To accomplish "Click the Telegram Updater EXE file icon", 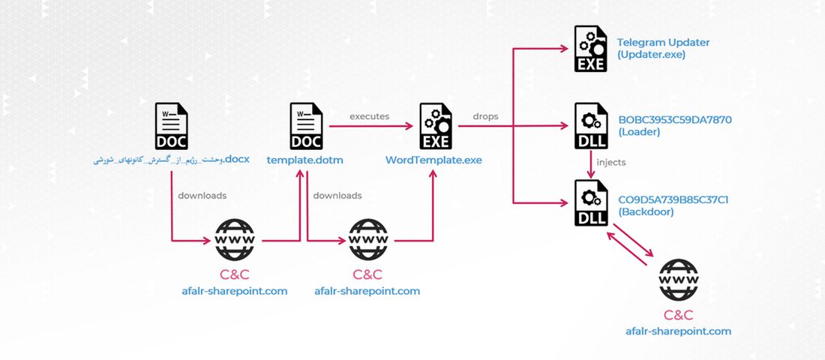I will coord(591,49).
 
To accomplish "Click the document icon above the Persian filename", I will coord(172,126).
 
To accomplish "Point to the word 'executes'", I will coord(370,116).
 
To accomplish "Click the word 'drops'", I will coord(486,116).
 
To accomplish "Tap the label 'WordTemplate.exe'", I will coord(433,160).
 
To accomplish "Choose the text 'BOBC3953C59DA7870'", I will coord(675,119).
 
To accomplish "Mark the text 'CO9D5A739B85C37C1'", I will coord(673,199).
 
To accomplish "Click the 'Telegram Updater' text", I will coord(663,43).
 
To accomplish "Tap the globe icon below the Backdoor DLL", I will coord(677,280).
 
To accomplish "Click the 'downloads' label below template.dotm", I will coord(337,196).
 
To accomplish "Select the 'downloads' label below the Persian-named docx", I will coord(202,196).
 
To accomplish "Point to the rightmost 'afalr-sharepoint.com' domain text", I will coord(678,331).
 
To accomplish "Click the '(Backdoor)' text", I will coord(646,212).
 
